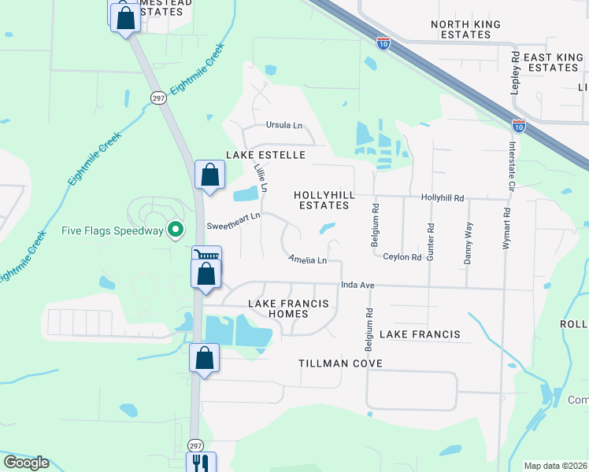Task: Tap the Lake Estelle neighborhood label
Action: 265,155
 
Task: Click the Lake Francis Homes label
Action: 277,308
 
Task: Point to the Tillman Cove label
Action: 340,363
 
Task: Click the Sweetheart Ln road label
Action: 233,225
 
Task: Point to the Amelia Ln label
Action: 307,259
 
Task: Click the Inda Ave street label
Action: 356,285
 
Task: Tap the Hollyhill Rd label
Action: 443,197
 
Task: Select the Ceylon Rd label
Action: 402,256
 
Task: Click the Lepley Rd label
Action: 515,74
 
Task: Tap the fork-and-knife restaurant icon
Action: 200,464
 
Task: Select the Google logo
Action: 26,463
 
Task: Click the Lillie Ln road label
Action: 261,178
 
